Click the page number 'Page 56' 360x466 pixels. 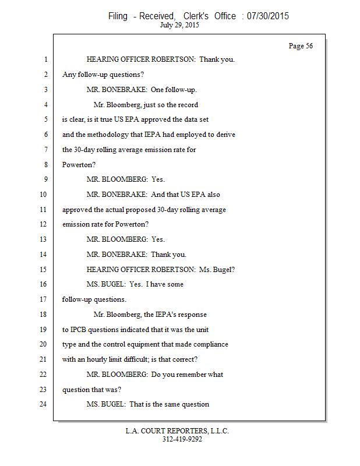tap(301, 46)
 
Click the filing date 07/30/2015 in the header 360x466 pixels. tap(268, 16)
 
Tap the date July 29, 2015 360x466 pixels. tap(180, 25)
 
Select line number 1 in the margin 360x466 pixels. tap(44, 59)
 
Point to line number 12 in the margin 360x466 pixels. tap(43, 224)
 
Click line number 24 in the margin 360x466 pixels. tap(43, 404)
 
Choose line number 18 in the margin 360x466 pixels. tap(43, 315)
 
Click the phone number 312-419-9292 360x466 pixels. tap(182, 439)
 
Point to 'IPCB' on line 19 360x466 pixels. tap(82, 329)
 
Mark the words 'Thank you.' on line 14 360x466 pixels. tap(169, 254)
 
